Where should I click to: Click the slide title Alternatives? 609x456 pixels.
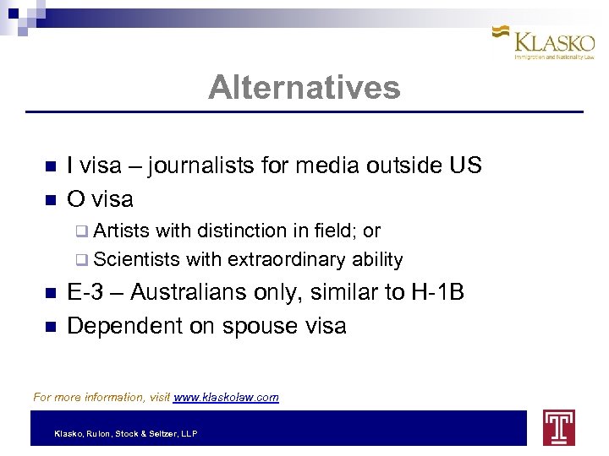pyautogui.click(x=304, y=87)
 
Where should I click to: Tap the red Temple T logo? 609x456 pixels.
pyautogui.click(x=559, y=427)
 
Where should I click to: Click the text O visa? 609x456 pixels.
pyautogui.click(x=100, y=199)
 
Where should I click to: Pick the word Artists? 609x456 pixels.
pyautogui.click(x=122, y=231)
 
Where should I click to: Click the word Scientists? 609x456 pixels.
pyautogui.click(x=137, y=259)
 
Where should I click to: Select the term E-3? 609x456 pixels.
pyautogui.click(x=85, y=292)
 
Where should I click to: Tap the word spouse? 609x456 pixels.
pyautogui.click(x=250, y=326)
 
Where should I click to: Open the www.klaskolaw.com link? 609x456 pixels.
pyautogui.click(x=226, y=397)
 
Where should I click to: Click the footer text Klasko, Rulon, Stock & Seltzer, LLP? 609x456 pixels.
pyautogui.click(x=126, y=433)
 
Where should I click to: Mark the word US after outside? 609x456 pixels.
pyautogui.click(x=464, y=166)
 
